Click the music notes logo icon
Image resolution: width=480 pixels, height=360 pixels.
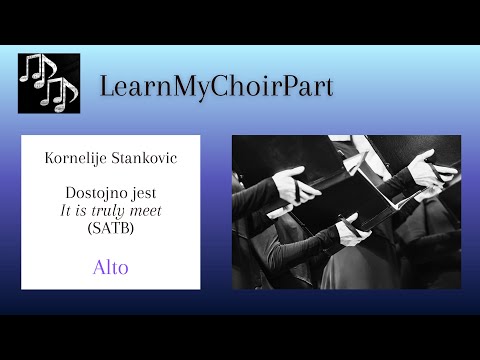pos(47,84)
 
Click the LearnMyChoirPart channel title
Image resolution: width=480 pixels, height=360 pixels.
pos(216,86)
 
